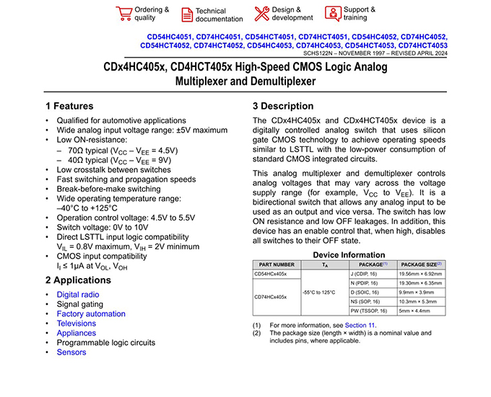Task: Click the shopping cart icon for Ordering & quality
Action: click(123, 13)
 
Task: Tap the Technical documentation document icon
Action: click(186, 14)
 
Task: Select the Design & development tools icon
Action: click(261, 13)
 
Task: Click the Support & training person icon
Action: click(332, 13)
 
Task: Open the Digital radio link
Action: click(78, 295)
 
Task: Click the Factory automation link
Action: click(91, 314)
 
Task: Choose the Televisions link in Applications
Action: click(76, 324)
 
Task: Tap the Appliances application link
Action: click(76, 334)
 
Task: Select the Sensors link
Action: click(71, 352)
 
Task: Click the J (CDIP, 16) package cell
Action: click(368, 275)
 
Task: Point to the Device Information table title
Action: click(349, 255)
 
